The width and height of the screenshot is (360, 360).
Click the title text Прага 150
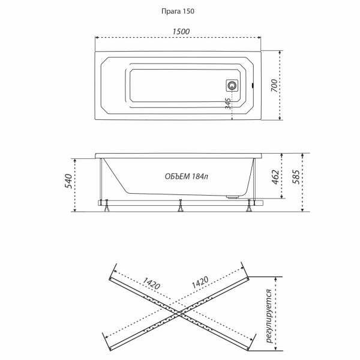179,11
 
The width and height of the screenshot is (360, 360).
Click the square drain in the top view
232,85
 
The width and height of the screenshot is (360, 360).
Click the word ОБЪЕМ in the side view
177,177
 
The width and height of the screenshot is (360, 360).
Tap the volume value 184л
200,177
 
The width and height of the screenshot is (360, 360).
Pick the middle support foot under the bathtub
180,209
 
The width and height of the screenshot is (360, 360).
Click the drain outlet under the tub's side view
230,196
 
